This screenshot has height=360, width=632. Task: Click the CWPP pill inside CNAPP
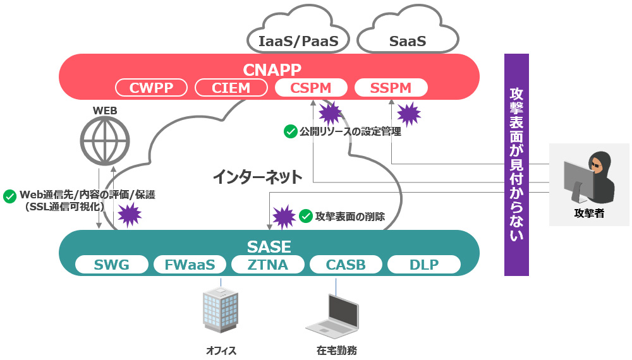coord(152,88)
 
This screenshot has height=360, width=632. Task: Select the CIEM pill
coord(232,88)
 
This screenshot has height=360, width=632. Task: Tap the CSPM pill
coord(312,88)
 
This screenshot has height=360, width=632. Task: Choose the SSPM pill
coord(391,88)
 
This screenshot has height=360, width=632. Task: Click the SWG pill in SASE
coord(112,265)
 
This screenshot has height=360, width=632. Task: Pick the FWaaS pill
coord(190,265)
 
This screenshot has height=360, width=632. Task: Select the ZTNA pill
coord(268,265)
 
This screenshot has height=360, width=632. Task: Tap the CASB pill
coord(346,265)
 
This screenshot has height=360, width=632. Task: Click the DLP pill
coord(424,265)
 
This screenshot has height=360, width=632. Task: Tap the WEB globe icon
coord(105,141)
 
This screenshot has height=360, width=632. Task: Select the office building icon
coord(221,311)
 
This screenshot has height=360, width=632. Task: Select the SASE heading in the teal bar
coord(269,246)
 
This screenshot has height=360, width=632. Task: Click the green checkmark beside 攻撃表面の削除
coord(306,216)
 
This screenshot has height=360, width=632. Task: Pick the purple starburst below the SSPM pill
coord(408,114)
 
